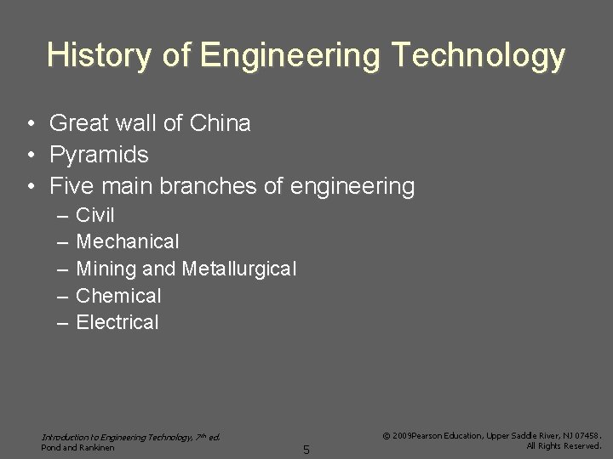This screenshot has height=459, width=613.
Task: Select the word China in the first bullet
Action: click(x=221, y=124)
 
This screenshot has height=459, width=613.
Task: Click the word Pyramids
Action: click(x=99, y=155)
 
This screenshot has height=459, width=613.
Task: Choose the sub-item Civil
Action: click(x=95, y=215)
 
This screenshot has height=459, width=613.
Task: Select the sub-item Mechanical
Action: click(x=128, y=242)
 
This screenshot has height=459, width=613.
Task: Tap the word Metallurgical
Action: click(x=238, y=269)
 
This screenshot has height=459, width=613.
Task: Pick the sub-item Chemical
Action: click(x=118, y=297)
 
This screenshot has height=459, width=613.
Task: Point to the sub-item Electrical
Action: click(x=117, y=323)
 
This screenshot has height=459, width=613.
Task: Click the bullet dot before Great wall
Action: click(x=30, y=124)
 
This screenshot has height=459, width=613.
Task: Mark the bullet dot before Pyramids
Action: click(x=30, y=155)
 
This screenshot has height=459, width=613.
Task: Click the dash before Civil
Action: click(x=62, y=216)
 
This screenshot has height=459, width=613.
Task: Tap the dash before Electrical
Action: click(x=62, y=323)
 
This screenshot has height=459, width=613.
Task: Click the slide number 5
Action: click(x=306, y=450)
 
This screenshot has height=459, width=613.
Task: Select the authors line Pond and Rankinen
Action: click(x=78, y=447)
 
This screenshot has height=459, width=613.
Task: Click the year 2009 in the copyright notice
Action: click(x=401, y=435)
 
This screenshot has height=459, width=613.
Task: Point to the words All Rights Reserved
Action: click(x=564, y=445)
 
